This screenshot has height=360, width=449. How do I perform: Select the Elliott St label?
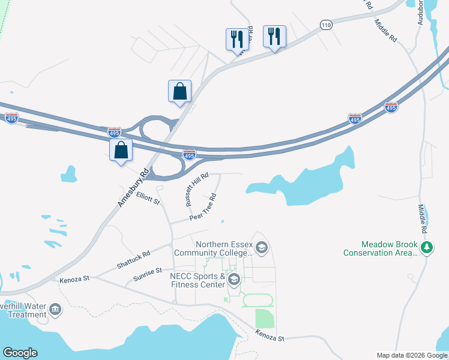pos(148,199)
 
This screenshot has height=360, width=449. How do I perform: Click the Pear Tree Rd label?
pos(203,207)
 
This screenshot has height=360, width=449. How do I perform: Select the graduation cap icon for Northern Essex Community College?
pos(261,247)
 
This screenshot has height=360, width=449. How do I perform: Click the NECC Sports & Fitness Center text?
pos(198,281)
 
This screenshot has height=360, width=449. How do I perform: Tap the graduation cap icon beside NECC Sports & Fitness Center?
pos(234,280)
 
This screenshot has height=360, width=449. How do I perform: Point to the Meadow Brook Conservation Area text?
pos(381,248)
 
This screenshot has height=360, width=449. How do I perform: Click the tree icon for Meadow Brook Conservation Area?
pos(427,248)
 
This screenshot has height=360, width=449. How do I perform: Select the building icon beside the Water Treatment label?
pos(55,310)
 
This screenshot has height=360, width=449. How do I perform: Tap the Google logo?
pos(20,353)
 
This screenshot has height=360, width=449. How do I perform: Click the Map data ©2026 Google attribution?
pos(411,355)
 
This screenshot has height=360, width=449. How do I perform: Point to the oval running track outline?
pos(258,300)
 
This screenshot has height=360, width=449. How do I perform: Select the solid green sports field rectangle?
pos(264,319)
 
